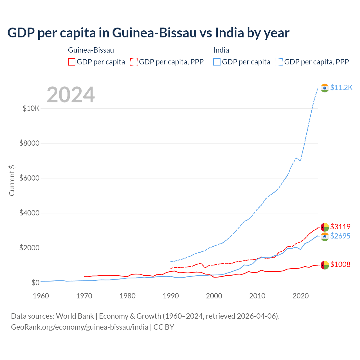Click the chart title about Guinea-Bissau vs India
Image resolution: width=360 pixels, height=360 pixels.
pos(148,33)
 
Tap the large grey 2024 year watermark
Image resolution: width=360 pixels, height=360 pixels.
pos(71,95)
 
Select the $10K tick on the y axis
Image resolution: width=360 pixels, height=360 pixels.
pos(31,108)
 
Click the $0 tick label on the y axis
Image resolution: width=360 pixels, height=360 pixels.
pos(35,283)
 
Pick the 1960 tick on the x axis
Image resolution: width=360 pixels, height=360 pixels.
pos(41,296)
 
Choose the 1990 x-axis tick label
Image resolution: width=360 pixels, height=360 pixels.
pos(171,296)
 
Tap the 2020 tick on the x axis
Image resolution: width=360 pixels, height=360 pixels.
pos(301,296)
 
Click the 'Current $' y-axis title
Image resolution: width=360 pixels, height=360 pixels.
pos(12,180)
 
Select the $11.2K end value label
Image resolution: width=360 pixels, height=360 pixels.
pos(341,87)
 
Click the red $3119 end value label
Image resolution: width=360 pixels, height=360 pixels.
pos(340,227)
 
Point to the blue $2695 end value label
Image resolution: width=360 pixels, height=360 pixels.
pos(340,236)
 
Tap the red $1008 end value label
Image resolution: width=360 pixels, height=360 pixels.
pos(340,264)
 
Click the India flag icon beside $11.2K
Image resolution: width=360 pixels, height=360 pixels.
pos(325,88)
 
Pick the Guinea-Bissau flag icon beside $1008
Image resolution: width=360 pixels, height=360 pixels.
pos(325,265)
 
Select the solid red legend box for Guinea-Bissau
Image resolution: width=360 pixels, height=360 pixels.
pos(72,62)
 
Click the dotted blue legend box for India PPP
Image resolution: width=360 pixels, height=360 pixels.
pos(279,62)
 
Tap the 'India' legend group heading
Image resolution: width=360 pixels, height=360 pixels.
pos(221,50)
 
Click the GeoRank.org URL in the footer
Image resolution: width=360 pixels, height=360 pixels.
pos(80,327)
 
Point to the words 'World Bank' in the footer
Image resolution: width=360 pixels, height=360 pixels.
pos(75,316)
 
